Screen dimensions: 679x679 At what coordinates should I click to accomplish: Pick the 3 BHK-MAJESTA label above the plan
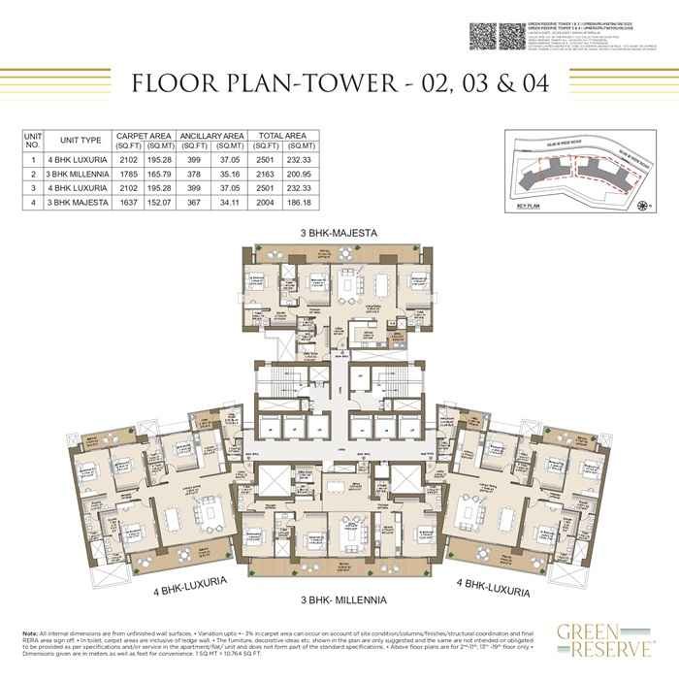pyautogui.click(x=339, y=233)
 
